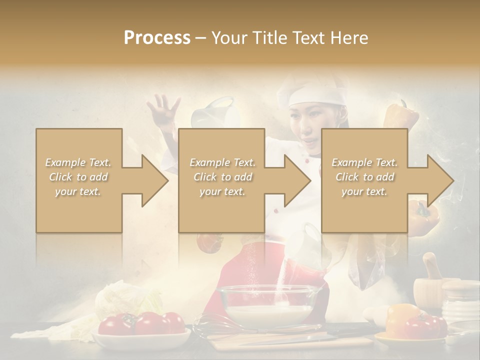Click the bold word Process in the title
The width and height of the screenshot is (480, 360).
[x=157, y=38]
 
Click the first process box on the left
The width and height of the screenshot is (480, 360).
[x=79, y=180]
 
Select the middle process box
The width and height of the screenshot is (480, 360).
[x=221, y=180]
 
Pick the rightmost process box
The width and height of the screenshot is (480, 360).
[x=364, y=180]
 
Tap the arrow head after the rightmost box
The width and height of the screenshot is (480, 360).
[x=439, y=180]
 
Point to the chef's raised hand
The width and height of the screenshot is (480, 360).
[x=163, y=107]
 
